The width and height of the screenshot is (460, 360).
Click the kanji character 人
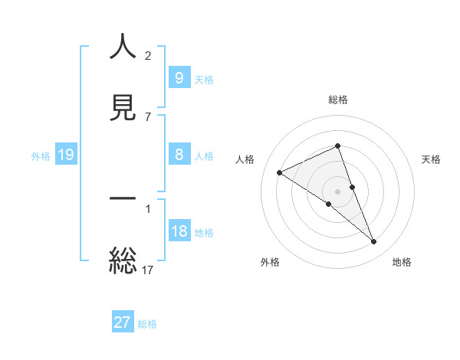pos(123,47)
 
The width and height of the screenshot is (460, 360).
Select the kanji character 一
pos(123,198)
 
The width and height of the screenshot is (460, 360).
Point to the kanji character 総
pos(123,260)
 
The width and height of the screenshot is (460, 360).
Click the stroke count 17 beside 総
pos(149,270)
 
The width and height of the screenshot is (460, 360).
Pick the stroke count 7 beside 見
pos(148,116)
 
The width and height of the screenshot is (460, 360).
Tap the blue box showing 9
pos(179,78)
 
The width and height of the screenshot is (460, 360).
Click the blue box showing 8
pos(179,155)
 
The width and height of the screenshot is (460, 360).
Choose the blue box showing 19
pos(65,155)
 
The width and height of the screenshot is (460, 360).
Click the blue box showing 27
pos(123,322)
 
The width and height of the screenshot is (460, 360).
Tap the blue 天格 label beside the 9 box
pos(204,79)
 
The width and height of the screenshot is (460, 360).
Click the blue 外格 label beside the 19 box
pos(41,156)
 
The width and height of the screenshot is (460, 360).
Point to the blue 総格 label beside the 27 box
pos(147,323)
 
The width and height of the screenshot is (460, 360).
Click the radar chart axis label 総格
pos(338,100)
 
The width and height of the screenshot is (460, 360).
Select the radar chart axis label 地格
pos(402,262)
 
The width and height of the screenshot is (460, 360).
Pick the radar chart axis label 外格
pos(270,262)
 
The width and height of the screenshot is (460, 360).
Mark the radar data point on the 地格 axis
pos(373,242)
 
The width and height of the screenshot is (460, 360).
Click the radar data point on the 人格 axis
pos(280,172)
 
